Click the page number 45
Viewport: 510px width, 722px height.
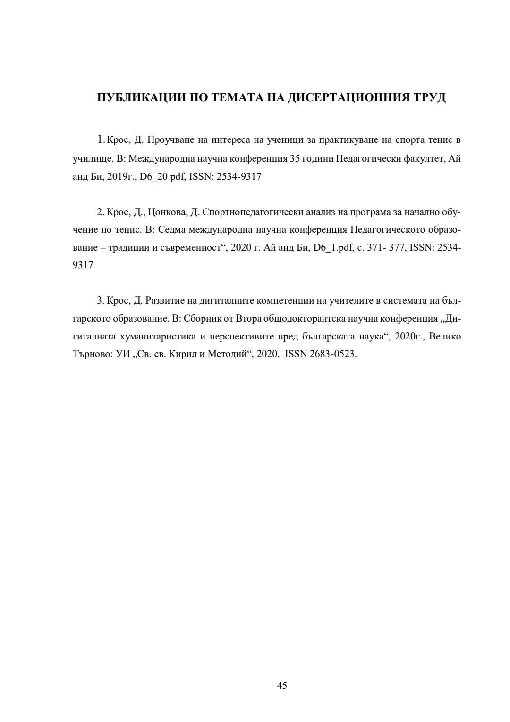pyautogui.click(x=282, y=686)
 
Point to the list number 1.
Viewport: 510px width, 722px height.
pyautogui.click(x=101, y=140)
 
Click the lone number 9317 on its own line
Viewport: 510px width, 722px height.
pyautogui.click(x=83, y=265)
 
